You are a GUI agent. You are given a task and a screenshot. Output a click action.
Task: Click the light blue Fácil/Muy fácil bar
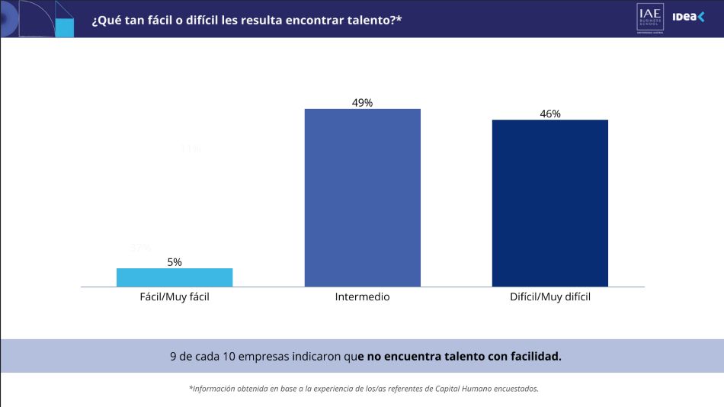click(175, 277)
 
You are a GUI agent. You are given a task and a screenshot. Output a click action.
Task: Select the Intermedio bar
click(363, 197)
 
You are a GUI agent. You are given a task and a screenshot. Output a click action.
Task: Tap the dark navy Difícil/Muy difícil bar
click(550, 203)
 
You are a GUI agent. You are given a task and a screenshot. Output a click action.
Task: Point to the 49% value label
click(363, 103)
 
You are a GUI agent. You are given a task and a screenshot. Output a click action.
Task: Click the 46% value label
click(550, 114)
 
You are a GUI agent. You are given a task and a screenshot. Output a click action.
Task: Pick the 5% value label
click(175, 262)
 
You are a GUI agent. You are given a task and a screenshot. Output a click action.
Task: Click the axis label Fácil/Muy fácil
click(175, 296)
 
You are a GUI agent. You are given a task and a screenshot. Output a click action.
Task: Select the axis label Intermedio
click(363, 296)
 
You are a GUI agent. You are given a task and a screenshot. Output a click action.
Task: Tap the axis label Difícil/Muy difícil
click(550, 296)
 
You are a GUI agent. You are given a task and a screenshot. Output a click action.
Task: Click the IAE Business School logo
click(650, 18)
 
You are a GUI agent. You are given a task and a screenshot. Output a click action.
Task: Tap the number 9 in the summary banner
click(173, 356)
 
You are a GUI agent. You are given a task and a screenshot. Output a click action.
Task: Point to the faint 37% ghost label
click(141, 248)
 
